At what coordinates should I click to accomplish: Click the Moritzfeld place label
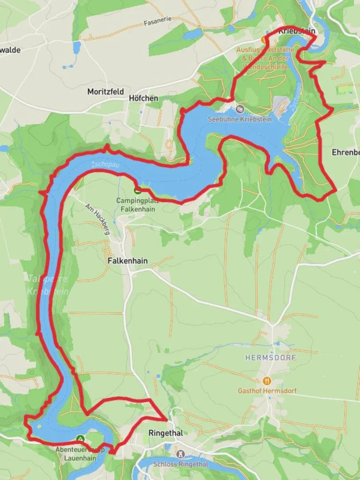[105, 92]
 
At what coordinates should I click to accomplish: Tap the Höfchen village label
[143, 98]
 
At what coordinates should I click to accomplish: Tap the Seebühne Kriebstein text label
[240, 119]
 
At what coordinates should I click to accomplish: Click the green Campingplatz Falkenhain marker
[137, 191]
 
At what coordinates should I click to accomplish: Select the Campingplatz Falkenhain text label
[136, 204]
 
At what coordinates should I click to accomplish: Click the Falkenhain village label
[128, 261]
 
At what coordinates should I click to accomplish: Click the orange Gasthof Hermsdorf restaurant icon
[267, 380]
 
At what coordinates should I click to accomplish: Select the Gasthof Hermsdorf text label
[267, 391]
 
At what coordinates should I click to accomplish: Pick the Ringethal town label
[165, 433]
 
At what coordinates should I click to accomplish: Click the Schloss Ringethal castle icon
[180, 454]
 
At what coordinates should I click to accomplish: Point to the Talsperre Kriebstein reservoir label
[48, 285]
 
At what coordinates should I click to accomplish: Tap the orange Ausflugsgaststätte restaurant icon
[265, 40]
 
